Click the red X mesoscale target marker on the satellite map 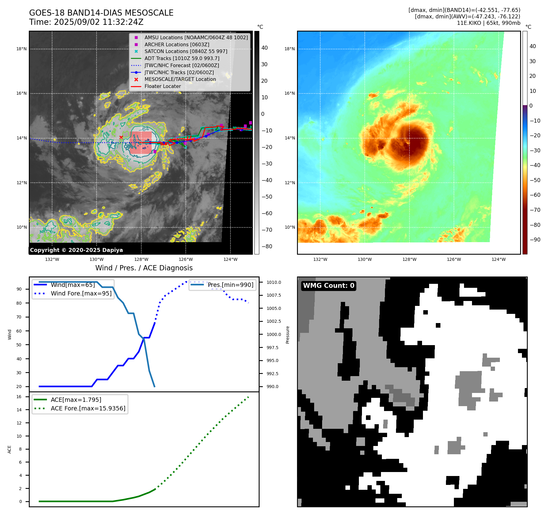pos(121,137)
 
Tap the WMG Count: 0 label pos(329,286)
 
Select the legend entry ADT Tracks pos(182,58)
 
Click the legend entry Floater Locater pos(162,86)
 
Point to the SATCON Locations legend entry pos(186,51)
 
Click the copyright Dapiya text pos(76,250)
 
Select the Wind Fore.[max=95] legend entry pos(81,293)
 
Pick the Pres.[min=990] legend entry pos(230,285)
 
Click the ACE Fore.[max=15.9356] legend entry pos(88,408)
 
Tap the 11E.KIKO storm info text pos(489,23)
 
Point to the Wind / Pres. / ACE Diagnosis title pos(144,268)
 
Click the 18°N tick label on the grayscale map pos(21,49)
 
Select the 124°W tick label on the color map pos(498,259)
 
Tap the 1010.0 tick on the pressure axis pos(274,282)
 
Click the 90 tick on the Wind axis pos(19,289)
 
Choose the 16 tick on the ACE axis pos(19,397)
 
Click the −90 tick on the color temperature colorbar pos(535,240)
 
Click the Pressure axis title pos(287,335)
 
